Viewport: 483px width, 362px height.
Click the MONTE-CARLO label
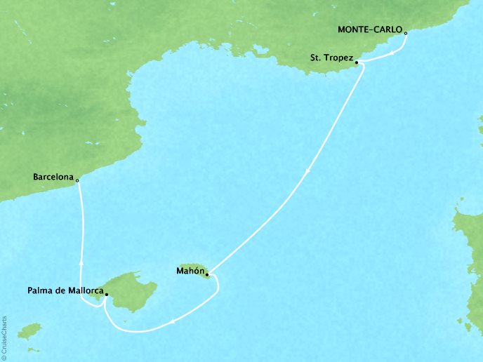pyautogui.click(x=370, y=30)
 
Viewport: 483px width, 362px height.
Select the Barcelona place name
pyautogui.click(x=53, y=177)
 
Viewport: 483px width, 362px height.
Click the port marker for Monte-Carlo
pyautogui.click(x=406, y=32)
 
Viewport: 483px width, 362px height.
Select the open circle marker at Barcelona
pyautogui.click(x=78, y=180)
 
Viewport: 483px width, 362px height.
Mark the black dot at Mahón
pyautogui.click(x=207, y=274)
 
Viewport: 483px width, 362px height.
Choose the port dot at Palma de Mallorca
pyautogui.click(x=106, y=295)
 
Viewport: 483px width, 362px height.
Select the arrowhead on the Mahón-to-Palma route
pyautogui.click(x=173, y=322)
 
